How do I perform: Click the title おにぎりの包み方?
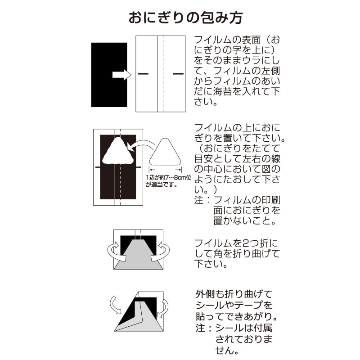tap(186, 18)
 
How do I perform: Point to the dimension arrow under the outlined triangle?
tap(165, 170)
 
